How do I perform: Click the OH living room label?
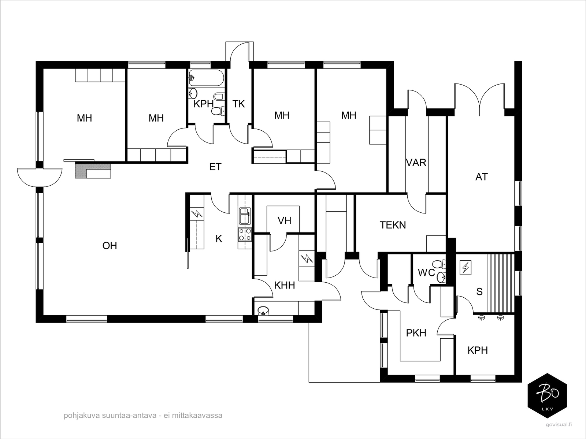pyautogui.click(x=110, y=245)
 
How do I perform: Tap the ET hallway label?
pyautogui.click(x=215, y=167)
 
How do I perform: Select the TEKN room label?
pyautogui.click(x=393, y=225)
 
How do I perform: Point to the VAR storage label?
pyautogui.click(x=416, y=162)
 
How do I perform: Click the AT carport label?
pyautogui.click(x=481, y=177)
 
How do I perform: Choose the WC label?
pyautogui.click(x=426, y=272)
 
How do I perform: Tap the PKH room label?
pyautogui.click(x=416, y=333)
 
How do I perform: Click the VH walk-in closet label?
pyautogui.click(x=284, y=220)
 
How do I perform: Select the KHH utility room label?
pyautogui.click(x=285, y=285)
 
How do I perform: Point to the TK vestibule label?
pyautogui.click(x=238, y=104)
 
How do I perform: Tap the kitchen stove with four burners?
pyautogui.click(x=245, y=234)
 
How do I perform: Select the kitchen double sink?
pyautogui.click(x=244, y=216)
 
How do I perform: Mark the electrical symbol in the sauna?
pyautogui.click(x=466, y=268)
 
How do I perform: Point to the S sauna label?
pyautogui.click(x=479, y=291)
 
